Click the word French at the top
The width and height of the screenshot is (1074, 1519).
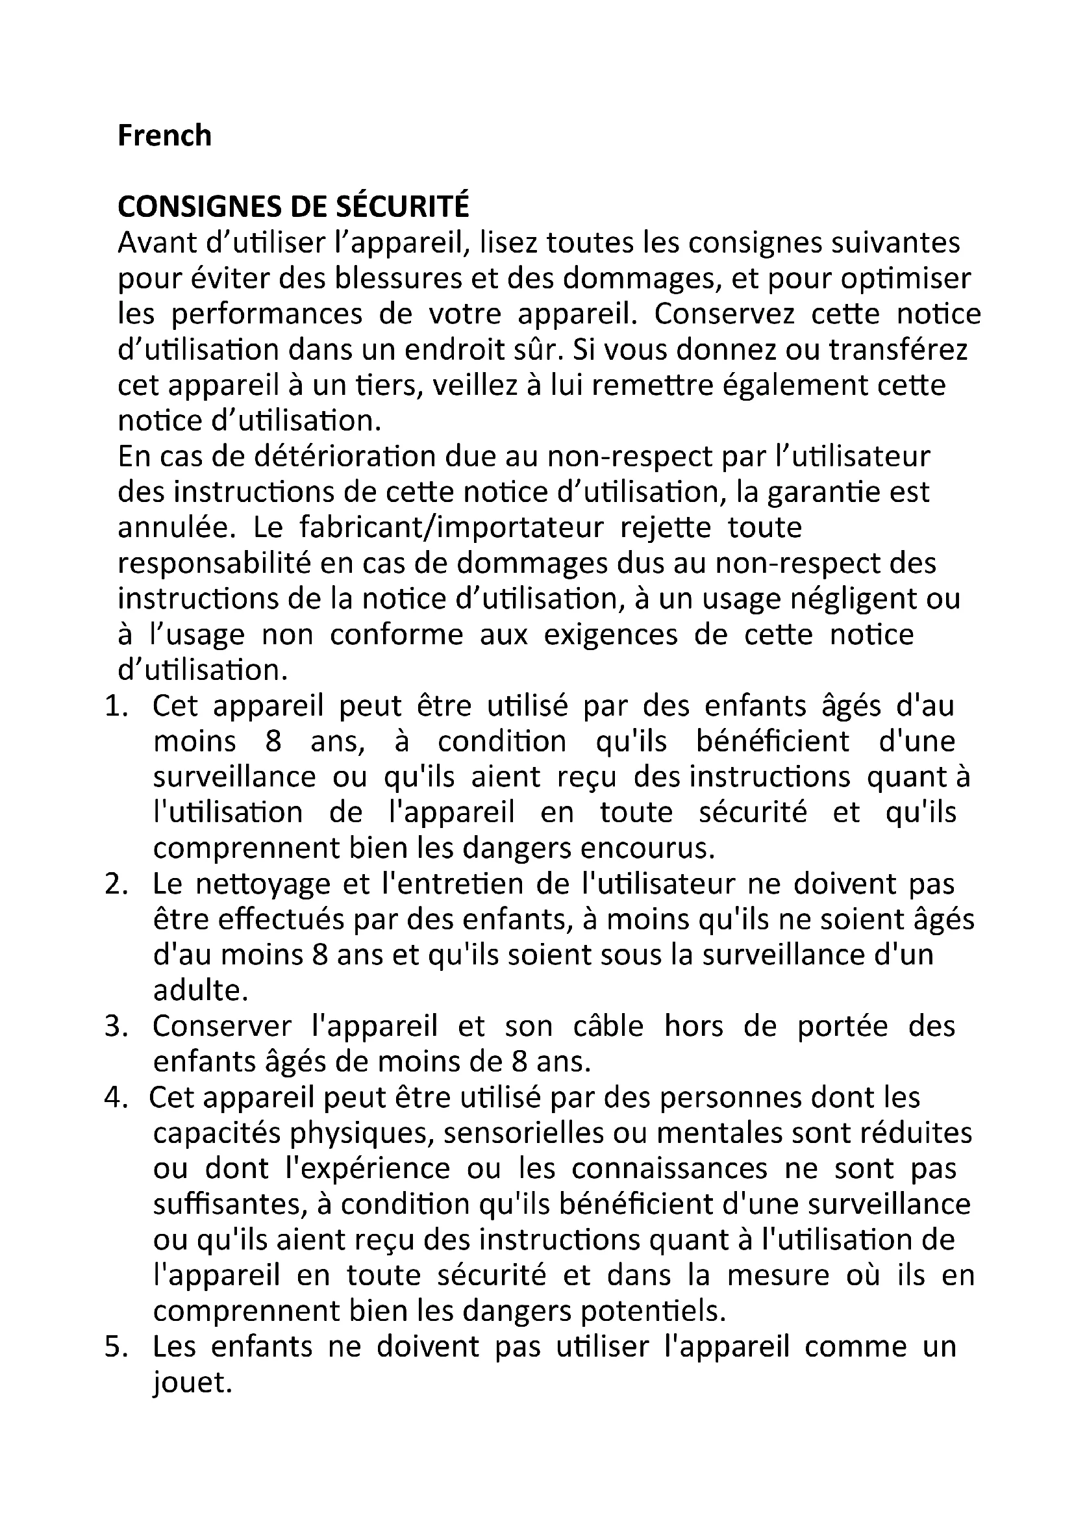(x=165, y=136)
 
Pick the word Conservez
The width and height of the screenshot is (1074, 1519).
(x=725, y=314)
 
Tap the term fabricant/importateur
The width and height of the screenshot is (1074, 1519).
(x=452, y=528)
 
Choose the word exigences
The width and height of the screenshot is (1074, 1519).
(x=611, y=635)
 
